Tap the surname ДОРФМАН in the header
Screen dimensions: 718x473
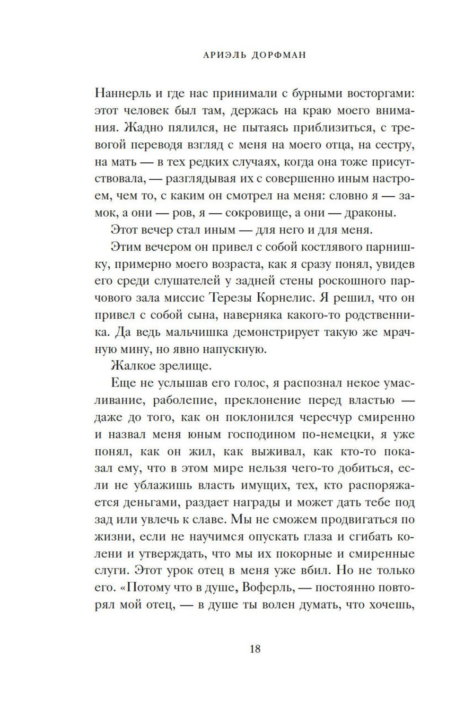pos(279,55)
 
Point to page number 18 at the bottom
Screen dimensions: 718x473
pos(254,649)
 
